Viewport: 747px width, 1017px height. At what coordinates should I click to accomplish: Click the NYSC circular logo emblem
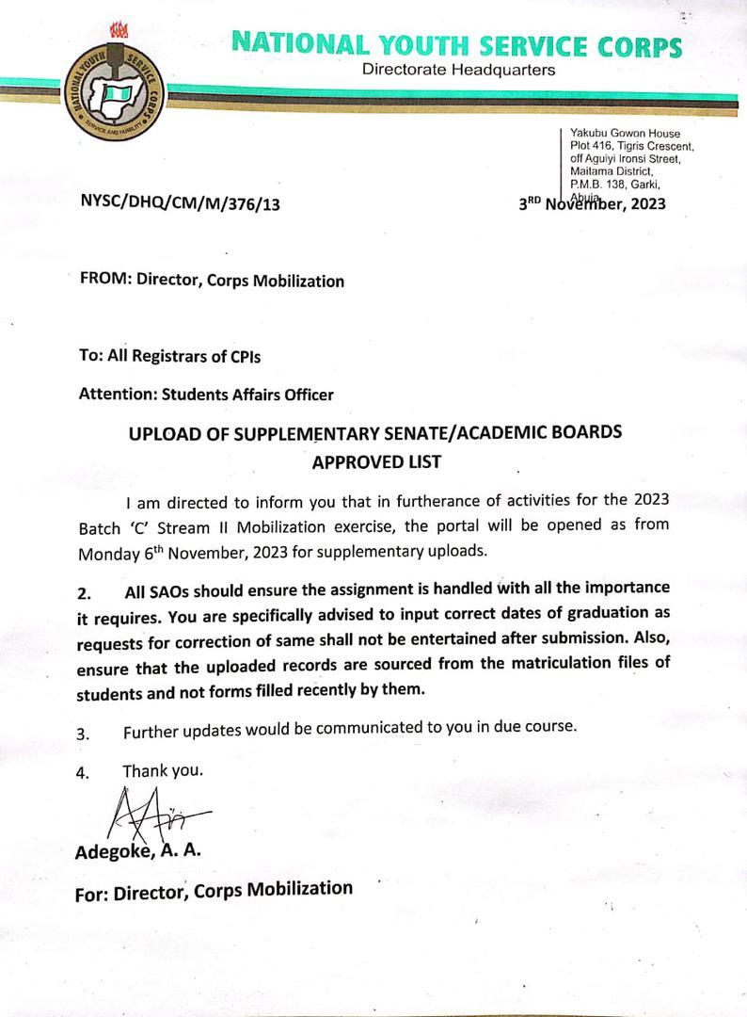[x=115, y=93]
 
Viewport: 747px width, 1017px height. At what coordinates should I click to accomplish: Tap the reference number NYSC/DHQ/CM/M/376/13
[x=180, y=202]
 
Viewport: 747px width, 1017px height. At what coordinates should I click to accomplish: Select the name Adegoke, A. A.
[x=137, y=851]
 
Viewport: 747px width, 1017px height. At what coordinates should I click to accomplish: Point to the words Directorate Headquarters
[x=458, y=70]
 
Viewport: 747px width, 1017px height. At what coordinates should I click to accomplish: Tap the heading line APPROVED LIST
[x=376, y=462]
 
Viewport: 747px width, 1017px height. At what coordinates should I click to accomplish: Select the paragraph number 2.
[x=85, y=594]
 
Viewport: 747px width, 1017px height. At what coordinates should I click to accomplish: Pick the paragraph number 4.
[x=84, y=773]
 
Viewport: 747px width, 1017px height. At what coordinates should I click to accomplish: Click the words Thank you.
[x=163, y=770]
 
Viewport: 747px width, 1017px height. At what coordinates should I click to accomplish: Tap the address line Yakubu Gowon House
[x=625, y=134]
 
